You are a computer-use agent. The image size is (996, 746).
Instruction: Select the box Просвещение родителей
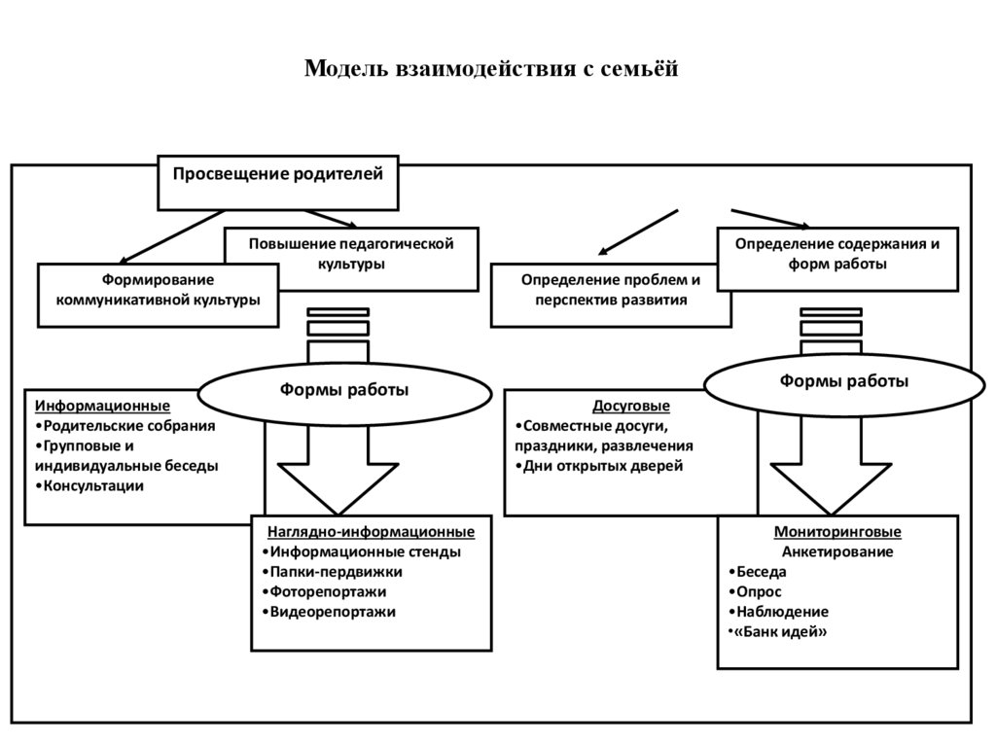tap(278, 175)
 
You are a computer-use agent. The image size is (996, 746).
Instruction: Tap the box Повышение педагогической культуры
tap(351, 253)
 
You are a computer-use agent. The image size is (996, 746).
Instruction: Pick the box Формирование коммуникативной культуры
tap(158, 291)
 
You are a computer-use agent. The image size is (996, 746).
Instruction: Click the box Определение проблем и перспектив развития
tap(610, 290)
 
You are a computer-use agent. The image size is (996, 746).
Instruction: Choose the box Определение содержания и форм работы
tap(836, 253)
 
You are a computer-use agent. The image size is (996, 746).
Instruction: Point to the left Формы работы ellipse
tap(344, 390)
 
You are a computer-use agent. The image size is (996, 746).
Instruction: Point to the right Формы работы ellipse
tap(843, 381)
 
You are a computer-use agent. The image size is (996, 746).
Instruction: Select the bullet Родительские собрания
tap(125, 426)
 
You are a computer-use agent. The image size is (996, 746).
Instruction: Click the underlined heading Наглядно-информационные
tap(372, 532)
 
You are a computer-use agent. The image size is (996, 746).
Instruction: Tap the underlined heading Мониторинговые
tap(837, 532)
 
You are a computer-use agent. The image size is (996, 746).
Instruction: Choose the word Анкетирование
tap(837, 551)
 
